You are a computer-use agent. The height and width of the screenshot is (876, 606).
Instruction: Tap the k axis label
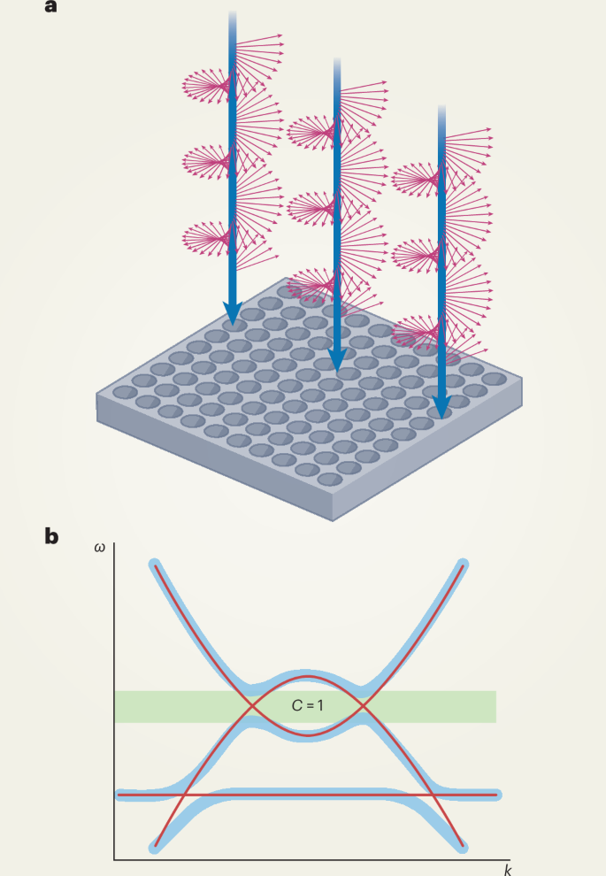coord(508,870)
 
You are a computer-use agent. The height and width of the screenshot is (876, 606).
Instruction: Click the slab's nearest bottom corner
coord(334,519)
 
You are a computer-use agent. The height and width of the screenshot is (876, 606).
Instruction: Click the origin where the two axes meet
coord(114,858)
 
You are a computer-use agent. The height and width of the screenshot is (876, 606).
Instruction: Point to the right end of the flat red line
coord(498,795)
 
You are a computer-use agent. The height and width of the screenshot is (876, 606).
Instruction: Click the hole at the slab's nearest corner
coord(329,479)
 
